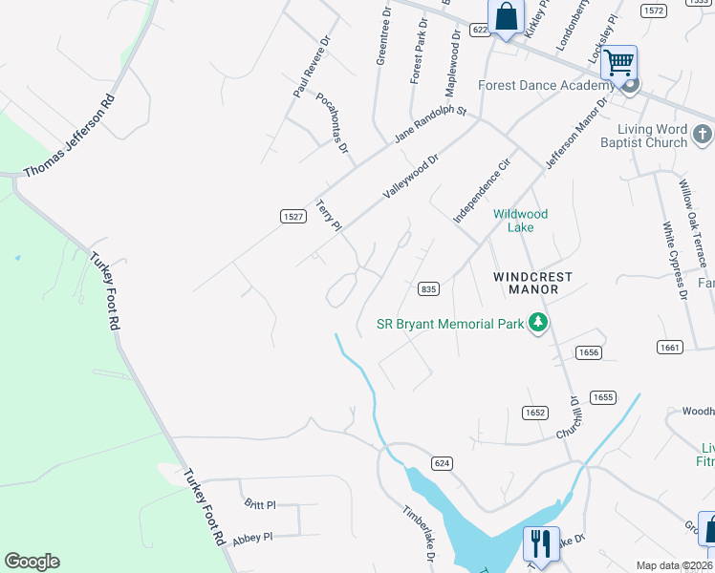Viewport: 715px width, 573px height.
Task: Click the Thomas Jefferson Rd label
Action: (69, 135)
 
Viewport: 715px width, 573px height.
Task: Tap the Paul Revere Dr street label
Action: (312, 68)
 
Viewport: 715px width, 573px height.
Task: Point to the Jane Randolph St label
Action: (429, 125)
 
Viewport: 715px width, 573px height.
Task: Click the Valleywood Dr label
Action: (410, 176)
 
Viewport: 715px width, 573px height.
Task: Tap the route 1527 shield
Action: (293, 218)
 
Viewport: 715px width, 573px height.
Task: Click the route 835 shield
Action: (428, 288)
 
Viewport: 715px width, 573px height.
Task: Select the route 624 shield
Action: (441, 463)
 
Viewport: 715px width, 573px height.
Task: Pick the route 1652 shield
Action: (534, 413)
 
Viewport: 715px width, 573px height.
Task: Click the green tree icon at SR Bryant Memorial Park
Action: (538, 324)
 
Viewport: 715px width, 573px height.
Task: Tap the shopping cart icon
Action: (619, 63)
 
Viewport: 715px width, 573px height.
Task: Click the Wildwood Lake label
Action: (521, 221)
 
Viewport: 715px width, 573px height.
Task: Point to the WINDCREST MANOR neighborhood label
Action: (532, 283)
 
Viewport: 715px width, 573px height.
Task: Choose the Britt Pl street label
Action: (259, 504)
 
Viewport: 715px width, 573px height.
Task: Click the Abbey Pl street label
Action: (252, 537)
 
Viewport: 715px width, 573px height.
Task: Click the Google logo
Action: (32, 562)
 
